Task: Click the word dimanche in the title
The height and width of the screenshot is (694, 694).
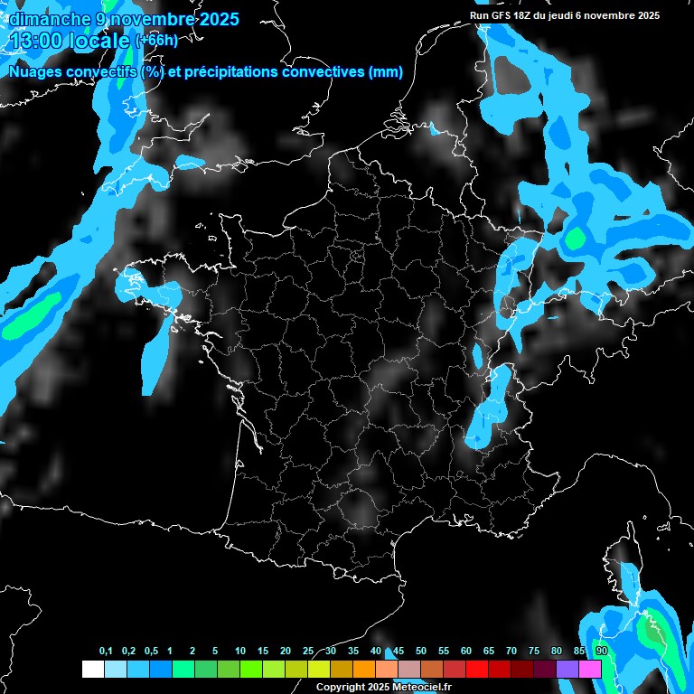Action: tap(44, 18)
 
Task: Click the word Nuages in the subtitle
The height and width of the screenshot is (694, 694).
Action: tap(34, 72)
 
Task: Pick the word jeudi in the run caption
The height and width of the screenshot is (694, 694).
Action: tap(587, 15)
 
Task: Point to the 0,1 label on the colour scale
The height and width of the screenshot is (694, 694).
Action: tap(106, 652)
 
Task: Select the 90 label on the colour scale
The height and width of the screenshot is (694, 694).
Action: tap(601, 652)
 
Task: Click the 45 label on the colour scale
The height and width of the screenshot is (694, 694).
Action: tap(399, 652)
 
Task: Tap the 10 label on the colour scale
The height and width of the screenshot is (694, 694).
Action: tap(240, 652)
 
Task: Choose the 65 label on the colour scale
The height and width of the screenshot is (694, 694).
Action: tap(489, 652)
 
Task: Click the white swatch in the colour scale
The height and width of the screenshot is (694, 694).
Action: tap(92, 669)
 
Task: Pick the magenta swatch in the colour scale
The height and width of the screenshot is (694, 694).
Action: tap(590, 669)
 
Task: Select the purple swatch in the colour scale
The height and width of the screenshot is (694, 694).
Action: tap(567, 669)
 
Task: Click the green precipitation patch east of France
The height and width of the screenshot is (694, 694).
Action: tap(573, 239)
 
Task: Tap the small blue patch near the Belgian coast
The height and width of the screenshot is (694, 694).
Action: tap(435, 132)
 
